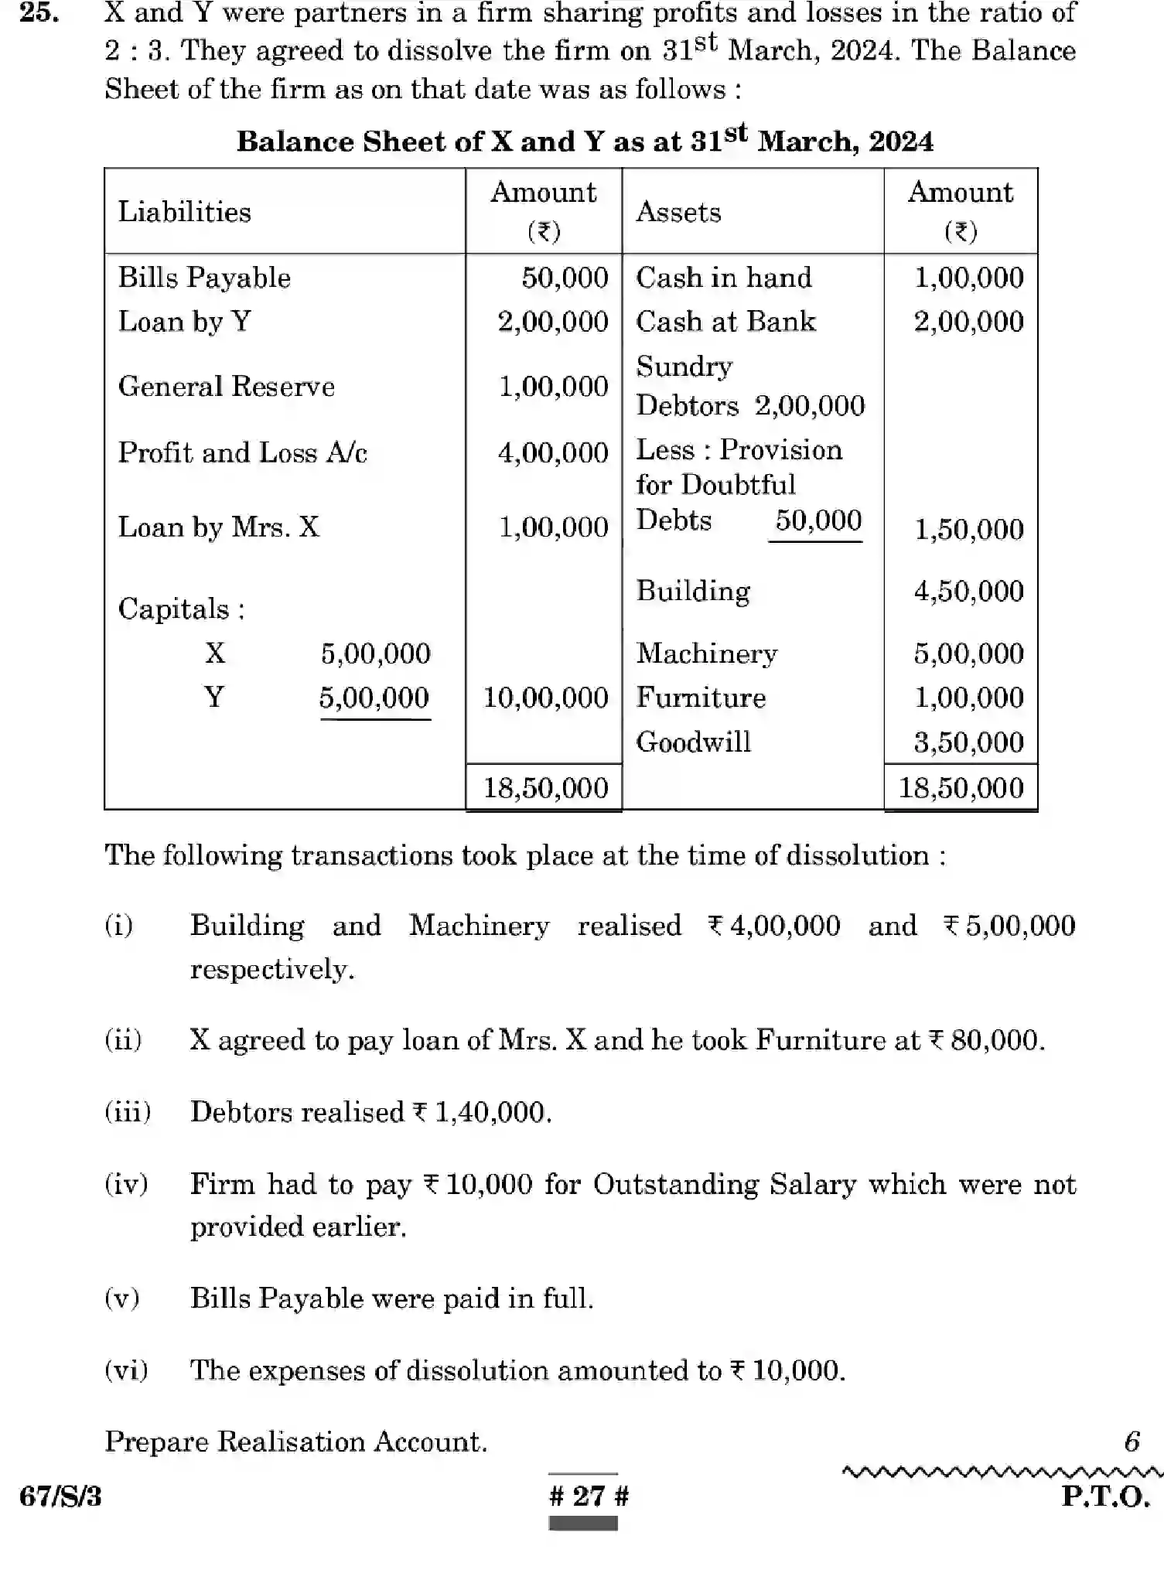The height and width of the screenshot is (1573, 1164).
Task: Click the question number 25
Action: [39, 13]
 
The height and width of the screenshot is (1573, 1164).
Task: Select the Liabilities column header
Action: [184, 212]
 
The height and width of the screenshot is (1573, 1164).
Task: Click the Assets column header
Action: [678, 212]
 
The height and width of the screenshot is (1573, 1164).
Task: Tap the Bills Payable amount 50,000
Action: [564, 278]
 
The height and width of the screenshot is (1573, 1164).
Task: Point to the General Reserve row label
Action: [226, 386]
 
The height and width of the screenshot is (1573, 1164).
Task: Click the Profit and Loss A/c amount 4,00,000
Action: [552, 452]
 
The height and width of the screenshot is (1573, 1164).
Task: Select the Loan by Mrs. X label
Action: [218, 527]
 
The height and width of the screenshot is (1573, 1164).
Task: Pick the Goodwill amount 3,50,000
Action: [968, 742]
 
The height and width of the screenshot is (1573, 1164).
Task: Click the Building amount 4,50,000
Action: [968, 592]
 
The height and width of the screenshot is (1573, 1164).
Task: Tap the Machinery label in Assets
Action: [706, 653]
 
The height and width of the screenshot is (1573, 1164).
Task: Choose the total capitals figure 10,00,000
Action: [545, 698]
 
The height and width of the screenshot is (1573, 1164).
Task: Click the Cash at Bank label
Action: [725, 322]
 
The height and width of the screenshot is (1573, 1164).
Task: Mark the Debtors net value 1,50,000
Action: [968, 530]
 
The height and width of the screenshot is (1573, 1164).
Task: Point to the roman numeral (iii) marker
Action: [128, 1112]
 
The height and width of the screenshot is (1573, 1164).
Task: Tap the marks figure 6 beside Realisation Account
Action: [1131, 1442]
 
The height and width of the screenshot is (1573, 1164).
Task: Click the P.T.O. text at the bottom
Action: [1105, 1496]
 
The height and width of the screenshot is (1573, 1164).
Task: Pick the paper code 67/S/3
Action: [60, 1496]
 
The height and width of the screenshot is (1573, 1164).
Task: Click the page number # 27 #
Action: [589, 1496]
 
